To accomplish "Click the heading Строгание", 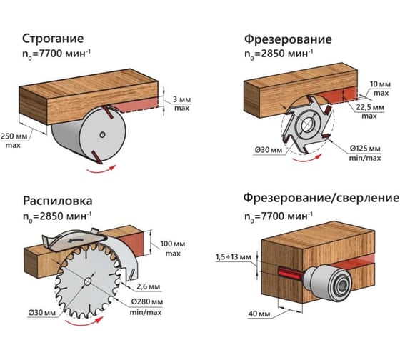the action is [x=53, y=39].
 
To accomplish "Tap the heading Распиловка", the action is [x=58, y=201].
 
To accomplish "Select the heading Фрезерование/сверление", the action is [x=321, y=199].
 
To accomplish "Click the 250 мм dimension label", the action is [x=14, y=136].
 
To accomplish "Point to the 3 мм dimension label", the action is [x=181, y=99].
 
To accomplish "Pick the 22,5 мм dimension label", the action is [x=370, y=107].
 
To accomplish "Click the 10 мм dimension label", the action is [x=380, y=84].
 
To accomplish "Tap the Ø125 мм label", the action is [x=365, y=149].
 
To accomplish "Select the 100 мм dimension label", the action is [x=173, y=244].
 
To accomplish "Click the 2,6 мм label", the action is [x=149, y=286].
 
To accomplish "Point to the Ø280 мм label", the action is [x=147, y=301].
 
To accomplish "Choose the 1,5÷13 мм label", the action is [x=234, y=257].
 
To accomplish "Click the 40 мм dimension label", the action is [x=259, y=314].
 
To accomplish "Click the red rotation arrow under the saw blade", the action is [x=84, y=322].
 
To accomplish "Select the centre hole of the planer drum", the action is [x=102, y=134].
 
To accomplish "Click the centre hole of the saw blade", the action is [x=87, y=281].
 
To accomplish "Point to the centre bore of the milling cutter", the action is [x=308, y=125].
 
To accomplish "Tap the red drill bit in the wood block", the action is [x=289, y=272].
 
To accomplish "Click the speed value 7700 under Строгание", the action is [x=47, y=54].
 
